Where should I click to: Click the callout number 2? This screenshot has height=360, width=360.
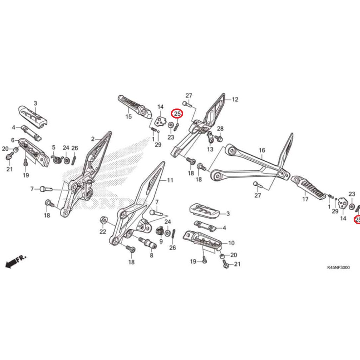pyautogui.click(x=93, y=139)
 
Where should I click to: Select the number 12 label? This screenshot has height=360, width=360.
pyautogui.click(x=235, y=99)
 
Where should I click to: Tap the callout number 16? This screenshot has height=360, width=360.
pyautogui.click(x=262, y=150)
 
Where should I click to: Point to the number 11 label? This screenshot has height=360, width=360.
pyautogui.click(x=170, y=180)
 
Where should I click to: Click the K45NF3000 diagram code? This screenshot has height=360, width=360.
pyautogui.click(x=338, y=268)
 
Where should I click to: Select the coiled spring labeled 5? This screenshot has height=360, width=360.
pyautogui.click(x=57, y=159)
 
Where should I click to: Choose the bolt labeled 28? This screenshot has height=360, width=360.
pyautogui.click(x=220, y=139)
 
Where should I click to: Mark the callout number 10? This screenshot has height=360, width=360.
pyautogui.click(x=231, y=243)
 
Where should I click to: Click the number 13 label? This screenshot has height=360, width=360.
pyautogui.click(x=210, y=149)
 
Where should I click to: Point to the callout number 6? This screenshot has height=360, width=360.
pyautogui.click(x=13, y=140)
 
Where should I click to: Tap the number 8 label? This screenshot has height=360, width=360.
pyautogui.click(x=152, y=256)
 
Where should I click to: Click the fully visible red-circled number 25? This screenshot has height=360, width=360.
pyautogui.click(x=177, y=114)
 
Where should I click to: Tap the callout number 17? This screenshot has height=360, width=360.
pyautogui.click(x=305, y=199)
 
